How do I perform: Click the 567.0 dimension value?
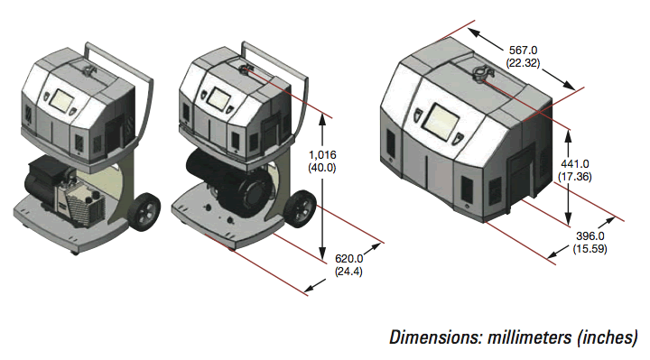pyautogui.click(x=523, y=51)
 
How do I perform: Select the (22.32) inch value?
pyautogui.click(x=523, y=63)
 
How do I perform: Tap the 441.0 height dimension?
pyautogui.click(x=574, y=163)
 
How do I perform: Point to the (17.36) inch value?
pyautogui.click(x=574, y=177)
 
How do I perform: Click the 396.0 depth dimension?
pyautogui.click(x=590, y=236)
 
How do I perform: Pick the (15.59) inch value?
pyautogui.click(x=590, y=249)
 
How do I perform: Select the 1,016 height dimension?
pyautogui.click(x=322, y=155)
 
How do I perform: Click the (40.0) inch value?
pyautogui.click(x=322, y=168)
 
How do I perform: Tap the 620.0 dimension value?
pyautogui.click(x=348, y=259)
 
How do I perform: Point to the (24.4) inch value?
pyautogui.click(x=348, y=272)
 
